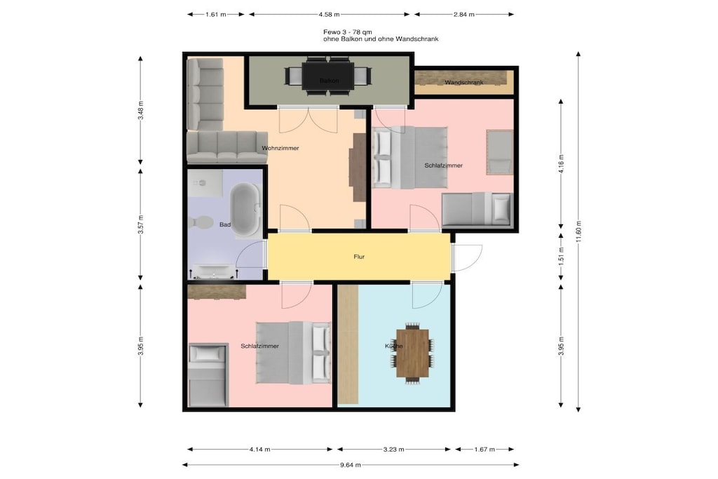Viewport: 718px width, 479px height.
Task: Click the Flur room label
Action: (x=359, y=257)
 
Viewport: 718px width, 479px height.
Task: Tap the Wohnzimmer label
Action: (x=280, y=149)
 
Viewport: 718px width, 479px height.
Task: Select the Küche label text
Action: (x=394, y=346)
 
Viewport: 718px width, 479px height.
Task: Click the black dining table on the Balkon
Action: (x=328, y=76)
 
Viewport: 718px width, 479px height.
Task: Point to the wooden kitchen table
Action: (x=412, y=353)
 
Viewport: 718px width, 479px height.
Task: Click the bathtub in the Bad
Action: (x=245, y=210)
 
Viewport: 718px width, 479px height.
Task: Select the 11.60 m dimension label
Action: (x=578, y=233)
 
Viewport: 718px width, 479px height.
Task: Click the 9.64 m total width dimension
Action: (x=351, y=465)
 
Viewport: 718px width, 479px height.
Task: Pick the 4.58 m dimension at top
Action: (x=330, y=15)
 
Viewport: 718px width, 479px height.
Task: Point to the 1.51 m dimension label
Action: (x=561, y=257)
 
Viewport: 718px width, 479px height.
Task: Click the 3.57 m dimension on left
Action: (x=140, y=225)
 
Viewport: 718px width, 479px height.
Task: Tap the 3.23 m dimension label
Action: (x=394, y=450)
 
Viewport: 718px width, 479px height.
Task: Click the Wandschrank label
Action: (x=464, y=83)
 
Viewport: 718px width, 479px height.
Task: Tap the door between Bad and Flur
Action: (x=250, y=254)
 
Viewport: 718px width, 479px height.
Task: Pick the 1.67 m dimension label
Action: (x=485, y=450)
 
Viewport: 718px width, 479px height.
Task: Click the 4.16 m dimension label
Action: (x=561, y=163)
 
